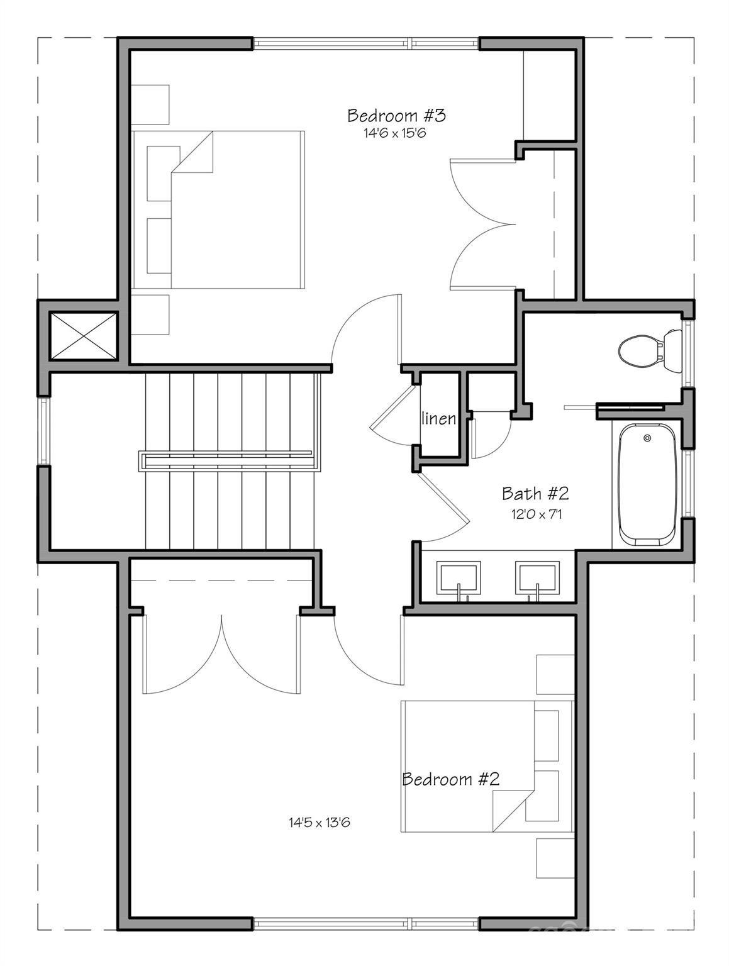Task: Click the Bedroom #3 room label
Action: point(396,116)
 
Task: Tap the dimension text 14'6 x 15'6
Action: point(395,133)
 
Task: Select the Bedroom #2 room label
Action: point(450,780)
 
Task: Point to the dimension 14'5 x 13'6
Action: point(319,822)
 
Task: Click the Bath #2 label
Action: point(535,494)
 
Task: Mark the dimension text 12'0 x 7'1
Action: point(535,514)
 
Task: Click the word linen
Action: point(438,418)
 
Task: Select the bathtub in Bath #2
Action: point(647,484)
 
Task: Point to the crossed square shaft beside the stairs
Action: point(83,336)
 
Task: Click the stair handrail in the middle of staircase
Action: point(226,460)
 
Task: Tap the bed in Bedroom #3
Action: point(218,209)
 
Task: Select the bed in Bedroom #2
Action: point(487,766)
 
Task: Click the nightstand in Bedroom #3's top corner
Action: point(150,104)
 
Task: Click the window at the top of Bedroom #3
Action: point(366,43)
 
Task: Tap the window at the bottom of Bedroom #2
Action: point(366,924)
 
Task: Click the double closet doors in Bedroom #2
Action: point(221,654)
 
